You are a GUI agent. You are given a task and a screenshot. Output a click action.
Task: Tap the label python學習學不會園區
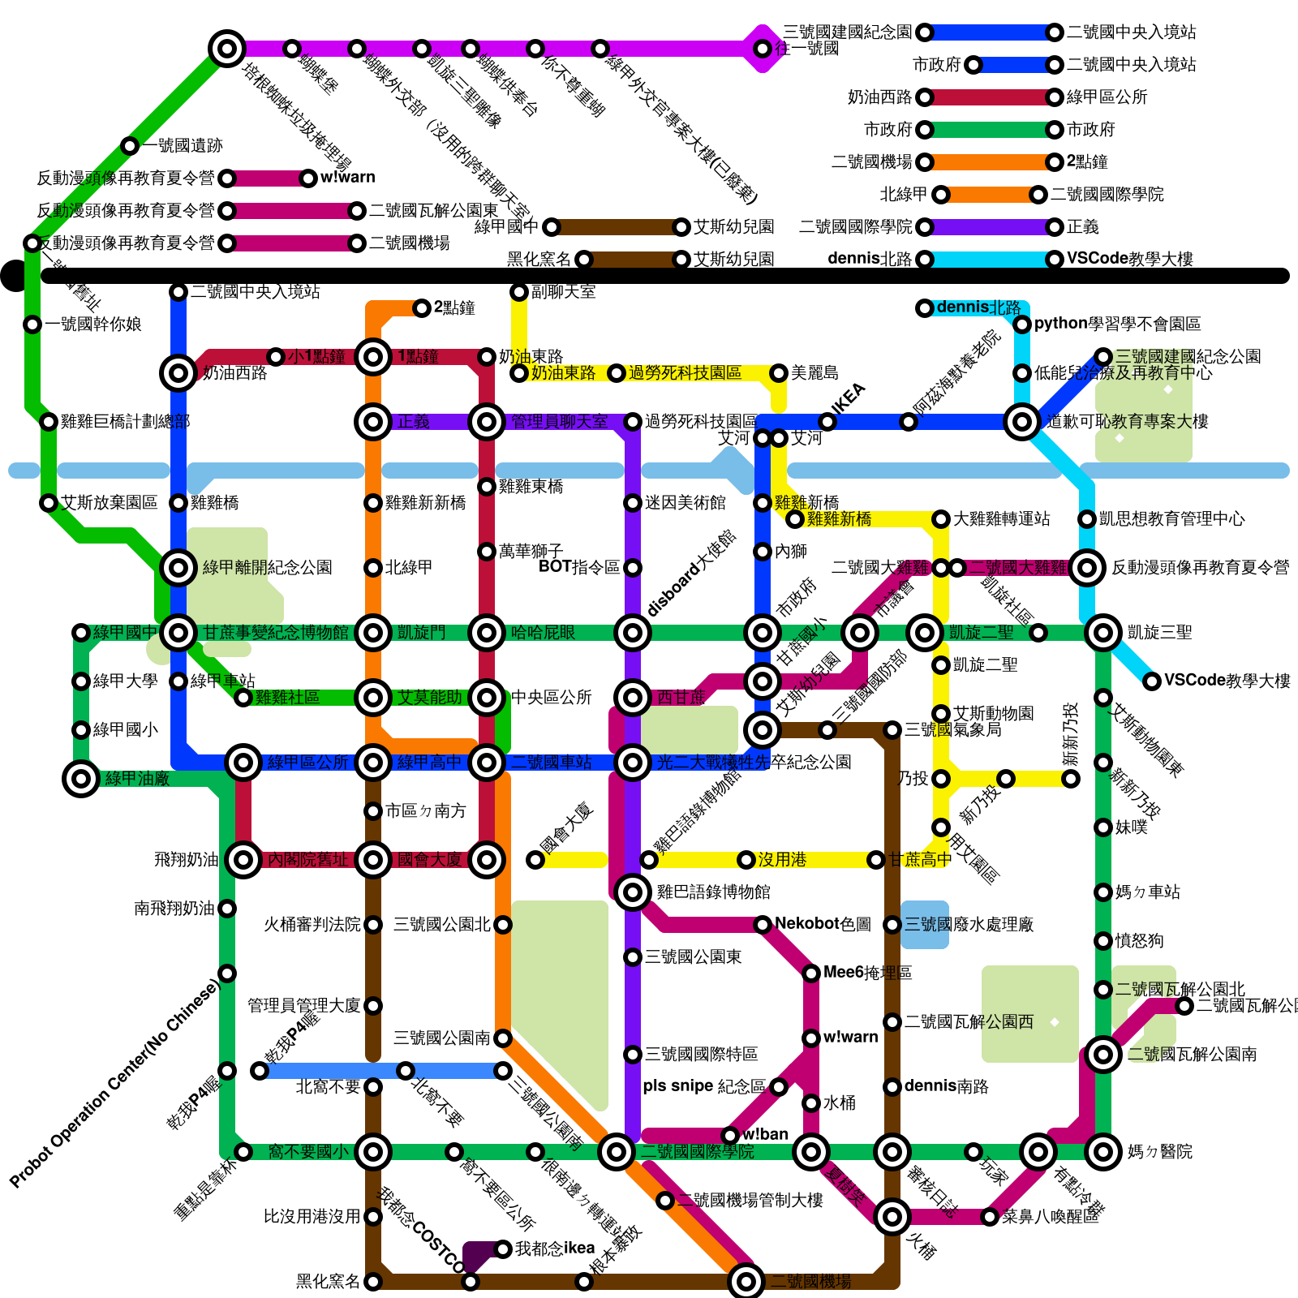(1117, 324)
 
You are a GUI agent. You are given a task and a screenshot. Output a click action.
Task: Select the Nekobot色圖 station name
(823, 924)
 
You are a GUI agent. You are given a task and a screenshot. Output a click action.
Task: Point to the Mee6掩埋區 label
(867, 973)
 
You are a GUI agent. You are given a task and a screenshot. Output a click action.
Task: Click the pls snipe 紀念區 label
(703, 1086)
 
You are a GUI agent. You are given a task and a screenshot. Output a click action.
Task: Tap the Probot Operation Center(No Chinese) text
(114, 1084)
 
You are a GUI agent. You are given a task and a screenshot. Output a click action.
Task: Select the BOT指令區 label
(579, 567)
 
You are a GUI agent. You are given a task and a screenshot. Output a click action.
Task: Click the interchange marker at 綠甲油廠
(81, 779)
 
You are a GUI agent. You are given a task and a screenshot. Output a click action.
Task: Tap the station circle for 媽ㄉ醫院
(1103, 1152)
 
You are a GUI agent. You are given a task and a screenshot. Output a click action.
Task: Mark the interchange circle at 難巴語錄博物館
(633, 892)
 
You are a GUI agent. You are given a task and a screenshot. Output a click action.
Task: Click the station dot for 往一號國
(763, 49)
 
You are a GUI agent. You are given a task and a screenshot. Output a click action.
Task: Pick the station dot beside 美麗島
(779, 373)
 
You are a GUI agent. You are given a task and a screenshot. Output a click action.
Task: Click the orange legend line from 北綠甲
(990, 195)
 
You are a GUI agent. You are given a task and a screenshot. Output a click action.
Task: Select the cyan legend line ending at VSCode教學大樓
(990, 260)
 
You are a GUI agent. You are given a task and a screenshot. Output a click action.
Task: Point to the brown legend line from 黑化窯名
(633, 260)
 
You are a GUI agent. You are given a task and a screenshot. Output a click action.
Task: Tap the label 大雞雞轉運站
(1001, 518)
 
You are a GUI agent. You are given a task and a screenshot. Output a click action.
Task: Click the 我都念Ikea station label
(555, 1249)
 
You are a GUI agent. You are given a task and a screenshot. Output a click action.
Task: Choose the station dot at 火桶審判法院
(373, 925)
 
